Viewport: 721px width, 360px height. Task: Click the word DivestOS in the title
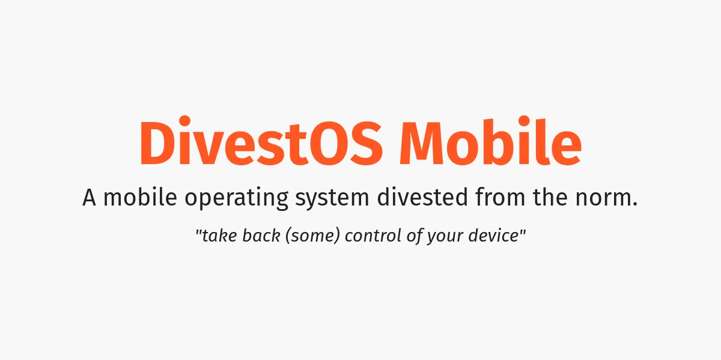pyautogui.click(x=260, y=144)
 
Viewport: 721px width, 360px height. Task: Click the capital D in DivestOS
pyautogui.click(x=157, y=144)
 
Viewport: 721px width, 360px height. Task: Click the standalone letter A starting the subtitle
pyautogui.click(x=90, y=198)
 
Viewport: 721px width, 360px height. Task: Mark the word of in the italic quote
pyautogui.click(x=415, y=236)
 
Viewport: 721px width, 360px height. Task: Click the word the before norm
pyautogui.click(x=550, y=198)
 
